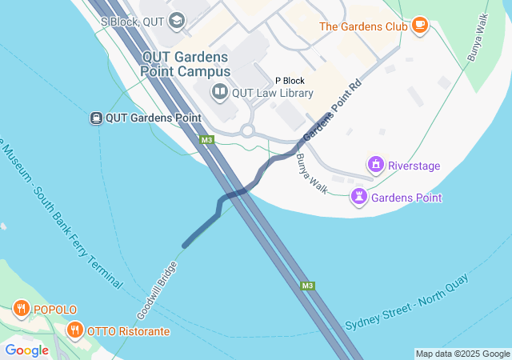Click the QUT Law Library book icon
tap(219, 93)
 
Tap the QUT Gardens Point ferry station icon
tap(96, 118)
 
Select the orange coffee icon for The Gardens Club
tap(419, 26)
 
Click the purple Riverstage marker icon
tap(375, 166)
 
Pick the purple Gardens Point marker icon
tap(360, 197)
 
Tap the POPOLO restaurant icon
tap(21, 309)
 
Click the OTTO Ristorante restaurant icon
tap(74, 330)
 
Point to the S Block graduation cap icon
tap(177, 22)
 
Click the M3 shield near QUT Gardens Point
tap(207, 140)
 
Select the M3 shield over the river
tap(307, 286)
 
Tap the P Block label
tap(290, 81)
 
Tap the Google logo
tap(26, 350)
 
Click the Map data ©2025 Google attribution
tap(462, 354)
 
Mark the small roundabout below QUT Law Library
tap(247, 130)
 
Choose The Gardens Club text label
tap(364, 26)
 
